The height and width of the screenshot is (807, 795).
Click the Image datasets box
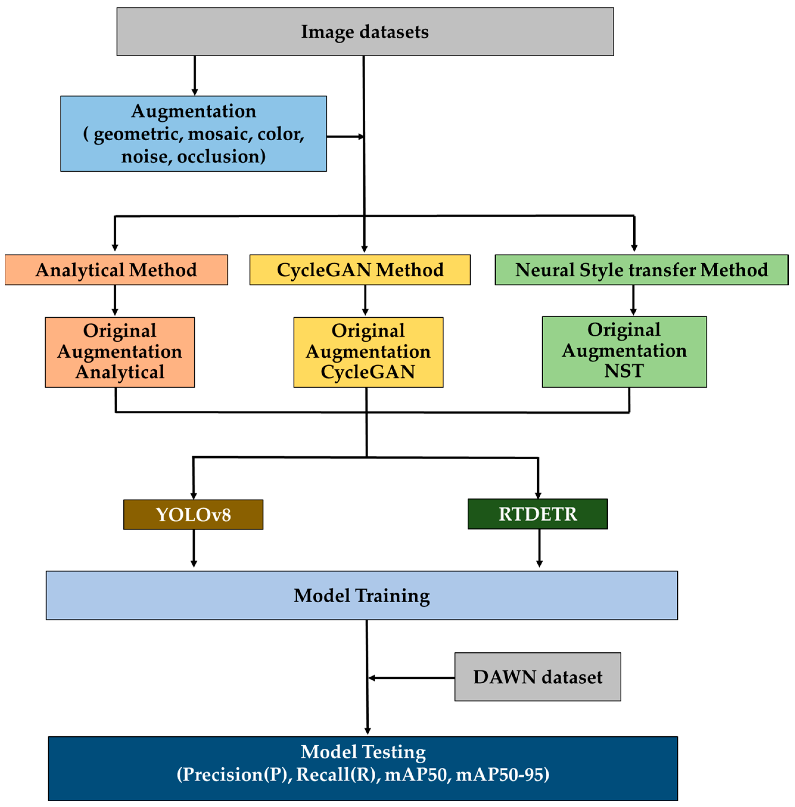(365, 32)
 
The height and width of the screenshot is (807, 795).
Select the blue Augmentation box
(193, 134)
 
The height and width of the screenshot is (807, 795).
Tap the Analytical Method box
(116, 270)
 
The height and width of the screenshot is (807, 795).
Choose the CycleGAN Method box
(360, 270)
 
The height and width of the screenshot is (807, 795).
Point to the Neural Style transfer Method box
(641, 270)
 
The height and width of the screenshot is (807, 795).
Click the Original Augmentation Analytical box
(120, 352)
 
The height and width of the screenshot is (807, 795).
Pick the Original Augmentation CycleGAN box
(368, 352)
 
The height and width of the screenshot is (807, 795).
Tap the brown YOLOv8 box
(193, 515)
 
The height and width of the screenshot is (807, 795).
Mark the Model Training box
(362, 596)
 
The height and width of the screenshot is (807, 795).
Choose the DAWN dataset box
(538, 677)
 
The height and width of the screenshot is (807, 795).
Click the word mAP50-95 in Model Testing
(502, 775)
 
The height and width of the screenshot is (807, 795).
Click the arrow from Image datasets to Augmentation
(195, 75)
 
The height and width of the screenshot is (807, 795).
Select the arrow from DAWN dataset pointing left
(411, 678)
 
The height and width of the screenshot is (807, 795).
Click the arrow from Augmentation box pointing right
(345, 136)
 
